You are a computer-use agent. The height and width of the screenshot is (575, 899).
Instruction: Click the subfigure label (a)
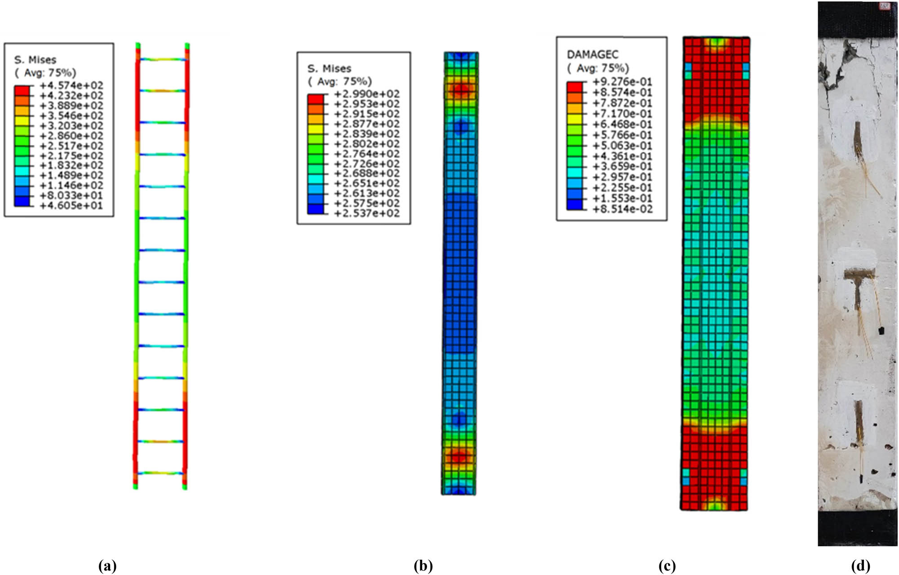[x=107, y=566]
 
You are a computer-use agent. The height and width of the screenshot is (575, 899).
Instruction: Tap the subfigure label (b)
[x=423, y=566]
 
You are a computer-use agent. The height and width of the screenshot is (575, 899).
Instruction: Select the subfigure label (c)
[x=667, y=566]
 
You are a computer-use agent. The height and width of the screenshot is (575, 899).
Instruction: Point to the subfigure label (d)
[x=860, y=566]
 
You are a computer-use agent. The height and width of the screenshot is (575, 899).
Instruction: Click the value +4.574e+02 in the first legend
[x=71, y=85]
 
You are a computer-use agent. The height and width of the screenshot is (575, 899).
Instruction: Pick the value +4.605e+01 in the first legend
[x=71, y=206]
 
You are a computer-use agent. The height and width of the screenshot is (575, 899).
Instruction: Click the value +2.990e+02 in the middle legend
[x=367, y=94]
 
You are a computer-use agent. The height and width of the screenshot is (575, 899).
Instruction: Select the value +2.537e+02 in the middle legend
[x=367, y=213]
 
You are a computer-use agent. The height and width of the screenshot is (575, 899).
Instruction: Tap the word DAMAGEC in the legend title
[x=592, y=54]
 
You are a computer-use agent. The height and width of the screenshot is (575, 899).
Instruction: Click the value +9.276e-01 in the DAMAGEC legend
[x=622, y=82]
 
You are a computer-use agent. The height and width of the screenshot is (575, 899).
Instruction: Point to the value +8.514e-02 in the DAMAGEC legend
[x=622, y=209]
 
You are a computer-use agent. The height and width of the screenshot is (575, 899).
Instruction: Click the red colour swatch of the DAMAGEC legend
[x=574, y=87]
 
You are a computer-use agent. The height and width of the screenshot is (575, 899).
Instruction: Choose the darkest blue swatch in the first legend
[x=22, y=201]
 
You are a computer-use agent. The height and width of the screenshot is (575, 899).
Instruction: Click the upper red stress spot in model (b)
[x=460, y=90]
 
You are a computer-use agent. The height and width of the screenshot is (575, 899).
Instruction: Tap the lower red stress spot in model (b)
[x=458, y=457]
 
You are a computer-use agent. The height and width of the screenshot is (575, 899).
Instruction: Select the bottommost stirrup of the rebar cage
[x=160, y=473]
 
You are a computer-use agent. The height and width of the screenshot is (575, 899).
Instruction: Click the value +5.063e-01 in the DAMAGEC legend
[x=622, y=146]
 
